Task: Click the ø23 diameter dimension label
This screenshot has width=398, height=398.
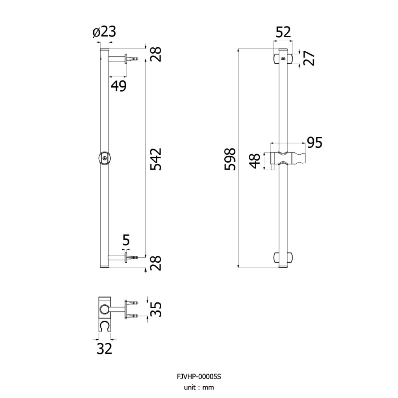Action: tap(104, 32)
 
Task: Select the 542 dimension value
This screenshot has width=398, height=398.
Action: tap(156, 159)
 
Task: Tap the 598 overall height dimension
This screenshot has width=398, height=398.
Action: tap(230, 159)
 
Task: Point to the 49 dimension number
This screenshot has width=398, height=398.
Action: tap(119, 86)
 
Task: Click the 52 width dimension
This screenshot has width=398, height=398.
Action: tap(283, 32)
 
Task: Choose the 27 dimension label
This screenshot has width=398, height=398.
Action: tap(309, 58)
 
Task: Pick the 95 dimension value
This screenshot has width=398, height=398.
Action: tap(314, 142)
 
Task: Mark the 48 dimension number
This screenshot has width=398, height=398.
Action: tap(255, 161)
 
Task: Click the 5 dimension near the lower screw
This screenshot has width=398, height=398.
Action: tap(126, 240)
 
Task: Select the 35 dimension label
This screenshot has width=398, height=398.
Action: tap(156, 309)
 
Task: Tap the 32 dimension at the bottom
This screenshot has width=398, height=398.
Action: tap(104, 349)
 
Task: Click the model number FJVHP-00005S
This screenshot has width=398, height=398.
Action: tap(199, 376)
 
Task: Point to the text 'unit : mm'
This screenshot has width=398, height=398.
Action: tap(199, 388)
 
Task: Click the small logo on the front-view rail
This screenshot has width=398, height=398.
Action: tap(283, 59)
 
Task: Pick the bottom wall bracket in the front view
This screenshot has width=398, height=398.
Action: tap(283, 257)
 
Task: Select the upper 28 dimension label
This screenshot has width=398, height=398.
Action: tap(156, 54)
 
